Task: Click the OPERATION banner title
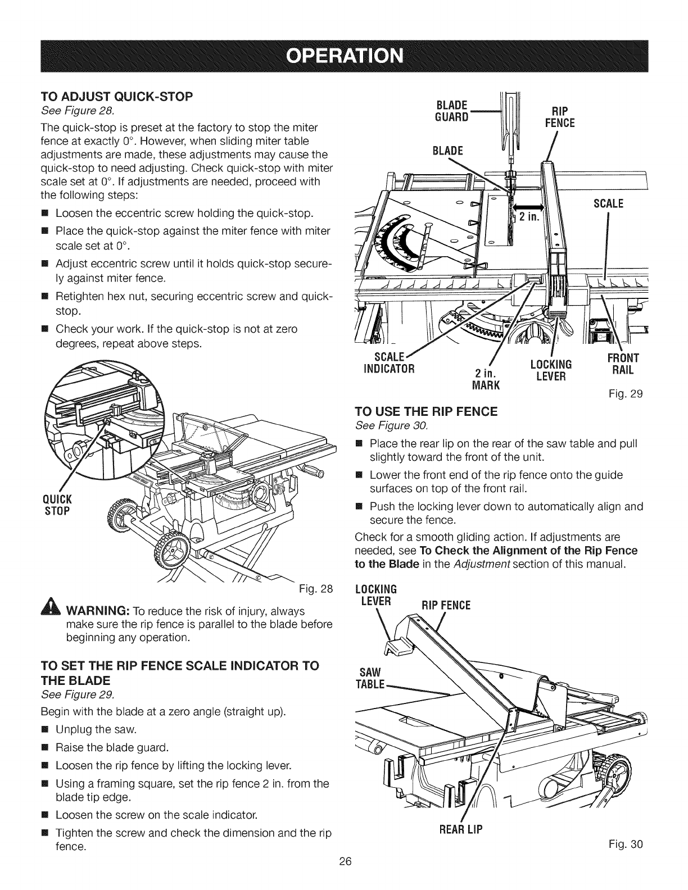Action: tap(344, 56)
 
